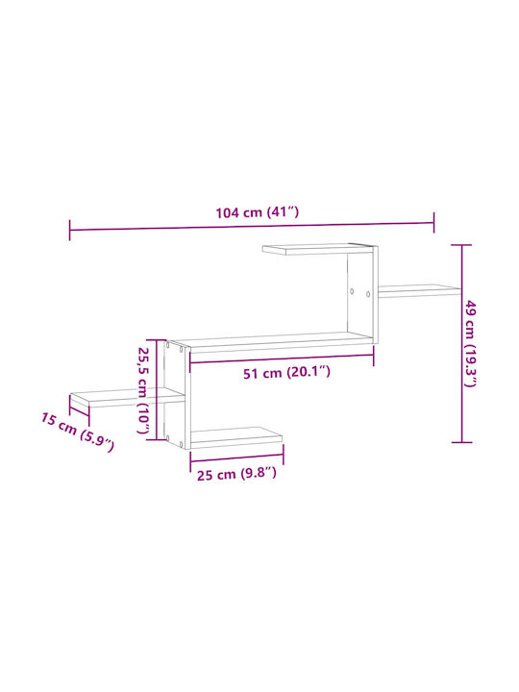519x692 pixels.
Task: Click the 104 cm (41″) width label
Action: click(x=258, y=212)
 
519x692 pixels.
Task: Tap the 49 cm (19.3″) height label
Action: click(x=471, y=343)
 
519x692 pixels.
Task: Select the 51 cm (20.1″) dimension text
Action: click(x=286, y=373)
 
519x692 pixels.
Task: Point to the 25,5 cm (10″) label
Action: click(x=144, y=390)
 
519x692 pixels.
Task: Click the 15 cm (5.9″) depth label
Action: click(x=78, y=432)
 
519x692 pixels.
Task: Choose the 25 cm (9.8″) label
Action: click(x=236, y=475)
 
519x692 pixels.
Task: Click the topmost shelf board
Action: click(x=318, y=249)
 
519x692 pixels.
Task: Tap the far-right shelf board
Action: click(x=419, y=290)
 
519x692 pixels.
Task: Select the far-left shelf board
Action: click(x=126, y=398)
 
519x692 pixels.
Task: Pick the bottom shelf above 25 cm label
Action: click(x=236, y=437)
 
